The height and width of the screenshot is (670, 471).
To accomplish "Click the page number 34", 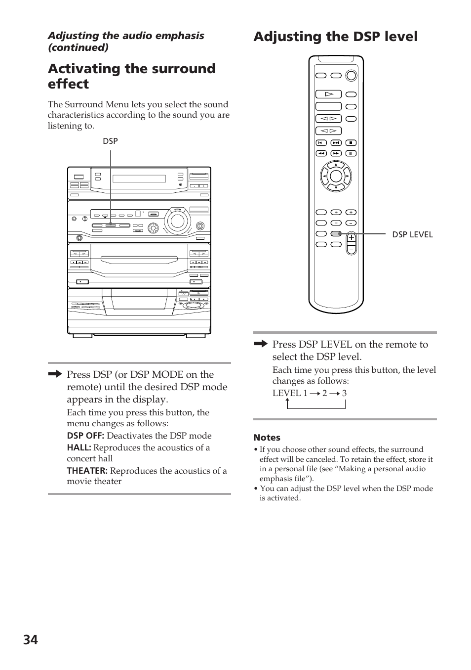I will pyautogui.click(x=30, y=639).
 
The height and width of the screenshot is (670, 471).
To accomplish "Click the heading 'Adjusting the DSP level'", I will pyautogui.click(x=335, y=37).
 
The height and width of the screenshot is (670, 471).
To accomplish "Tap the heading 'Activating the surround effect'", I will pyautogui.click(x=131, y=76).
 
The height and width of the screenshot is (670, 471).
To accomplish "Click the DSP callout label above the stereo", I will pyautogui.click(x=110, y=141).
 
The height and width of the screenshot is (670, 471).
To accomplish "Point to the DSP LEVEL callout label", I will pyautogui.click(x=412, y=234).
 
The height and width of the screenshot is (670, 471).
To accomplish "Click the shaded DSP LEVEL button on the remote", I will pyautogui.click(x=336, y=234).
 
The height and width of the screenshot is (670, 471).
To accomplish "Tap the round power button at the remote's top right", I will pyautogui.click(x=351, y=76).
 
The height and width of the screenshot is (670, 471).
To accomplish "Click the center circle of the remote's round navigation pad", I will pyautogui.click(x=336, y=176).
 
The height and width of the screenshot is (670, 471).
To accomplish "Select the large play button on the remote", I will pyautogui.click(x=328, y=94).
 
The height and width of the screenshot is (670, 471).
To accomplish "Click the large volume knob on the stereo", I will pyautogui.click(x=176, y=221).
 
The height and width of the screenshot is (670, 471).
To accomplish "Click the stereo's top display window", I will pyautogui.click(x=139, y=179).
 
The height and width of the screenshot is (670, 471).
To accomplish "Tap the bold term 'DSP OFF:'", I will pyautogui.click(x=85, y=436).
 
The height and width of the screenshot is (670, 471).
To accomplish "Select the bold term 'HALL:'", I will pyautogui.click(x=79, y=447).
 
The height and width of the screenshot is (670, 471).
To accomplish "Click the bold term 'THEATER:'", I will pyautogui.click(x=87, y=471).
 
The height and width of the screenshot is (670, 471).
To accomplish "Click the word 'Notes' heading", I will pyautogui.click(x=267, y=438).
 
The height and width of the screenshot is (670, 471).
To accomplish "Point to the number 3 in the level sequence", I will pyautogui.click(x=344, y=393).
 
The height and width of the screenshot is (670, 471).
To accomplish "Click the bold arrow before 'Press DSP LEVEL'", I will pyautogui.click(x=260, y=344).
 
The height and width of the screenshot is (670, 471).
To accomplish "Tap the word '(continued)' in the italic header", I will pyautogui.click(x=78, y=47).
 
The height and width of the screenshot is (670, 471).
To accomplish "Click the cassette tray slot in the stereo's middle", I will pyautogui.click(x=139, y=259).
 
